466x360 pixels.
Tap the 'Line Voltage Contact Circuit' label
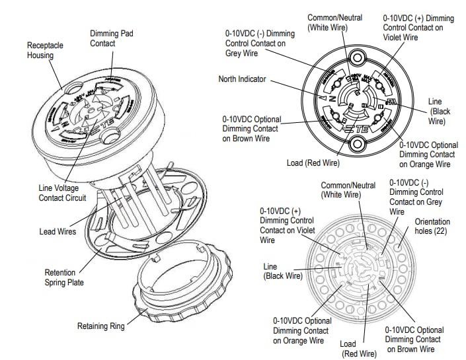click(x=67, y=193)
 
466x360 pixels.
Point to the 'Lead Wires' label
click(x=58, y=232)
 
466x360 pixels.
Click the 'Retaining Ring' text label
click(x=100, y=326)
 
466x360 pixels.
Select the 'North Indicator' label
click(x=242, y=79)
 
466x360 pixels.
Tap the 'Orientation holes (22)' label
click(x=432, y=227)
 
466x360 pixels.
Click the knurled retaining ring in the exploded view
click(x=178, y=291)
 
